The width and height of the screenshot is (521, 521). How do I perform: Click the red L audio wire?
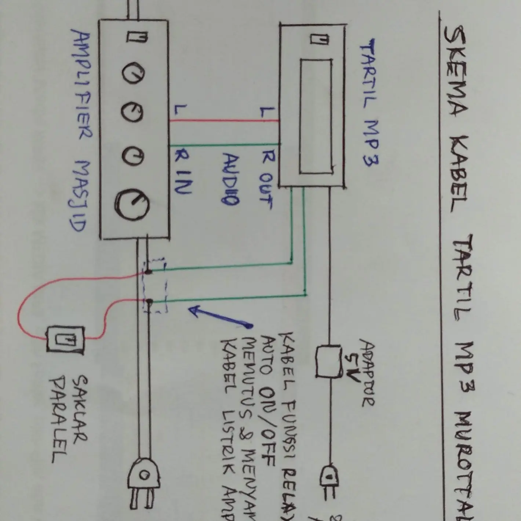click(x=224, y=121)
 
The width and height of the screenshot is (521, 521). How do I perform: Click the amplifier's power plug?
click(x=144, y=481)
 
